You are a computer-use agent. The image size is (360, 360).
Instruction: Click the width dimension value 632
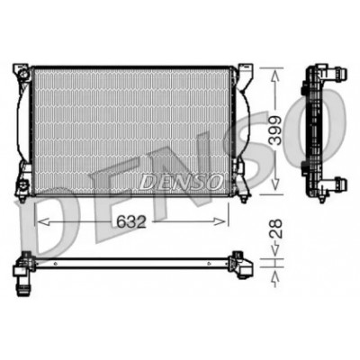pyautogui.click(x=131, y=222)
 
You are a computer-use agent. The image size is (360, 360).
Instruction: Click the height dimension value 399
pyautogui.click(x=275, y=130)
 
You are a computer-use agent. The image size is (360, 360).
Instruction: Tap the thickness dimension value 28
pyautogui.click(x=275, y=229)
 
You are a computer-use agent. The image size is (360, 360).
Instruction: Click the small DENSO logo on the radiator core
pyautogui.click(x=180, y=182)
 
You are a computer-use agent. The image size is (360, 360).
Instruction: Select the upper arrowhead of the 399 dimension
pyautogui.click(x=275, y=76)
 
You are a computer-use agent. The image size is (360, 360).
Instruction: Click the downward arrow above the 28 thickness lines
pyautogui.click(x=275, y=248)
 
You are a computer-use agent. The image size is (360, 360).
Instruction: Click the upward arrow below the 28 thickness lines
pyautogui.click(x=275, y=278)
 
